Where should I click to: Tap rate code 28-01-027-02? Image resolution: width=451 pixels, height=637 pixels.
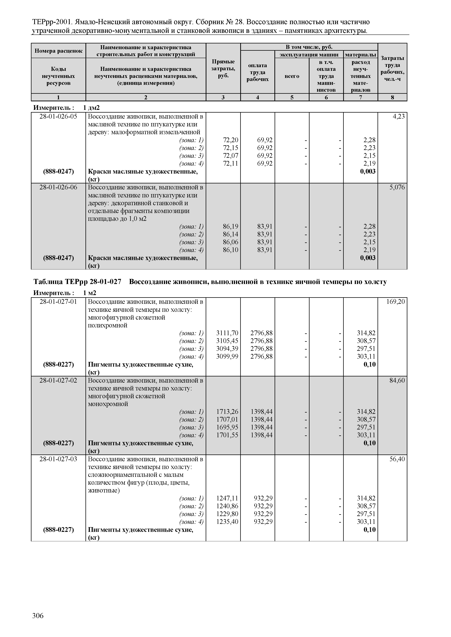pos(58,380)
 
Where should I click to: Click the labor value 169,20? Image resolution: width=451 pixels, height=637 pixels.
pos(396,302)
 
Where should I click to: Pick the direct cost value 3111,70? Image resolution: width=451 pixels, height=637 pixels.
pos(227,333)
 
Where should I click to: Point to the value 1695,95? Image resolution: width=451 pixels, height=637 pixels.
pos(227,427)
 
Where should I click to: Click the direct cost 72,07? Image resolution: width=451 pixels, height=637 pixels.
pos(230,156)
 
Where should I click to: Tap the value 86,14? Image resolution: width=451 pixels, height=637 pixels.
pos(230,234)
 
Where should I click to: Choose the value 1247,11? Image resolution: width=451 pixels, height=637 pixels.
pos(227,498)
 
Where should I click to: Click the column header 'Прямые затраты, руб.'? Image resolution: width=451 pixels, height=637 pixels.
pos(223,68)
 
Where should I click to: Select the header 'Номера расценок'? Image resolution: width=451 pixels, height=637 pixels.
pos(58,51)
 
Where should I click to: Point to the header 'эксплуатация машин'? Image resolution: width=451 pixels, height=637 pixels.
pos(309,55)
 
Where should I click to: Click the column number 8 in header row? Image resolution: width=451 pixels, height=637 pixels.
pos(392,97)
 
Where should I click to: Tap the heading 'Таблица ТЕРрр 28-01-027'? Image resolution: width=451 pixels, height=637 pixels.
pos(77,282)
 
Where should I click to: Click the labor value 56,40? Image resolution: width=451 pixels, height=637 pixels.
pos(397,459)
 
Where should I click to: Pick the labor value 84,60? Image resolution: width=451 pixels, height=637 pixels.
pos(397,380)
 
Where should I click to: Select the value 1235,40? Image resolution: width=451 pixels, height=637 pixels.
pos(227,522)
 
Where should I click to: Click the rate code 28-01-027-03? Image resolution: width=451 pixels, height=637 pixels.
pos(58,459)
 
